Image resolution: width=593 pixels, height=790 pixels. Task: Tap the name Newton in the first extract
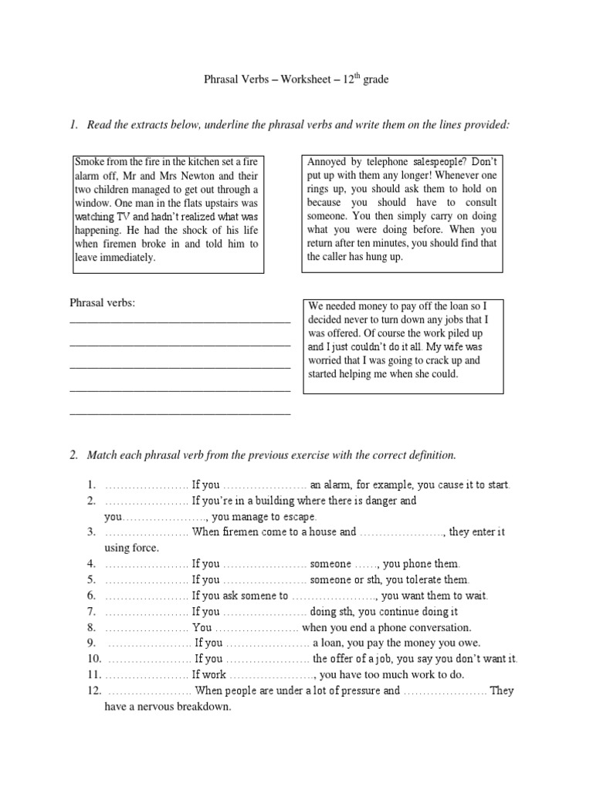pyautogui.click(x=195, y=176)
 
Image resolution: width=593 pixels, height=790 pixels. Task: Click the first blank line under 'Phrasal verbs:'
pyautogui.click(x=179, y=320)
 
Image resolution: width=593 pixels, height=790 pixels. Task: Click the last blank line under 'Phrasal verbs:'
pyautogui.click(x=179, y=415)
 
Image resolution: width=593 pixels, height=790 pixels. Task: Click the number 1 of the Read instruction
pyautogui.click(x=73, y=125)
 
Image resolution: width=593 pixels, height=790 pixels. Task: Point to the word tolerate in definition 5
pyautogui.click(x=421, y=580)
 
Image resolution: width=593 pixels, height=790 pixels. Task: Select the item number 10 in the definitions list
pyautogui.click(x=94, y=660)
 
